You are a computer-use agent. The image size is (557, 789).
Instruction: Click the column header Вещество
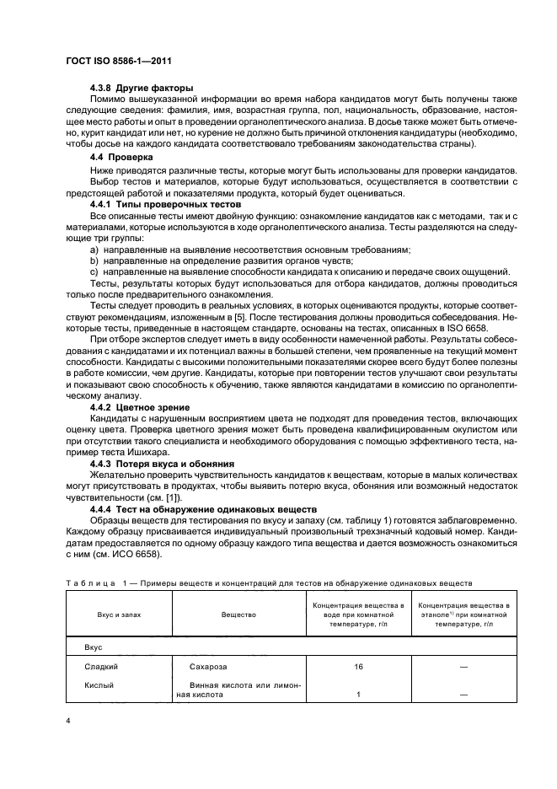click(238, 615)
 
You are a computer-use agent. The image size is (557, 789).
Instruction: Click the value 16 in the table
click(358, 666)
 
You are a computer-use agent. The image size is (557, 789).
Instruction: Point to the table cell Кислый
click(99, 685)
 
